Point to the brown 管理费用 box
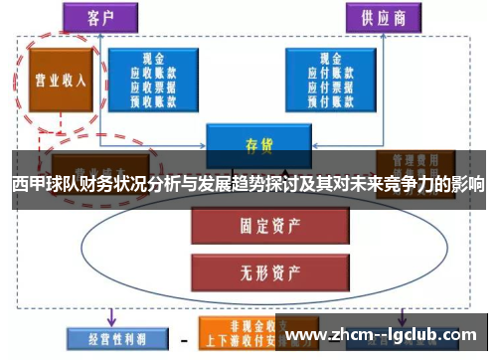click(x=415, y=160)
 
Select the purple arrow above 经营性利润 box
click(x=111, y=316)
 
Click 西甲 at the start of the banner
click(x=27, y=185)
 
